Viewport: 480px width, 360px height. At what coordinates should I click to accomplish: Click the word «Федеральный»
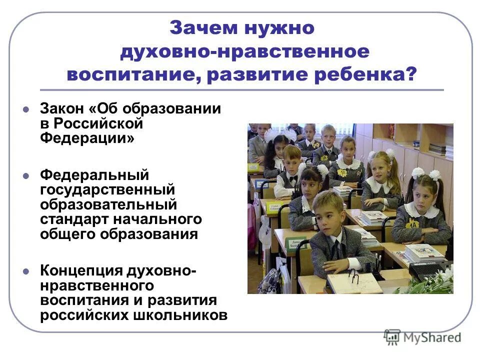point(95,175)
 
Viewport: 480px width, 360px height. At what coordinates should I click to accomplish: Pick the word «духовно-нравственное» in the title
point(245,51)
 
